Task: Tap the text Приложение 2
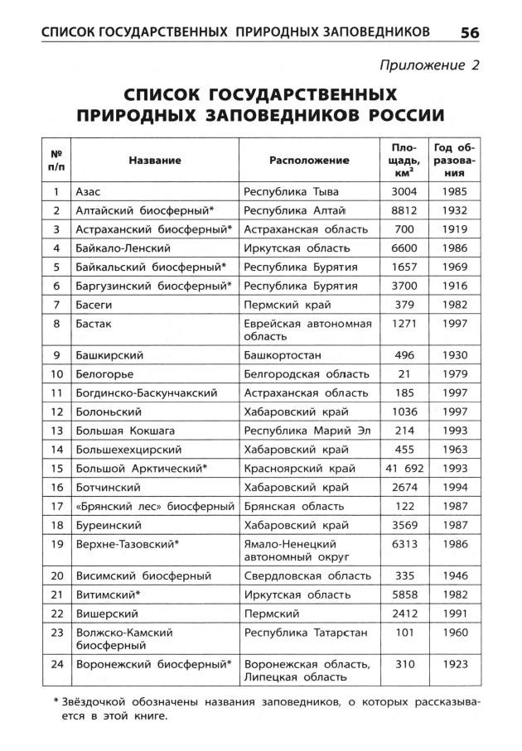tap(429, 64)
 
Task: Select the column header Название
tap(155, 160)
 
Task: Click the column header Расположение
tap(309, 160)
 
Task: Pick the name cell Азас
tap(89, 191)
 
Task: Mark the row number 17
tap(57, 506)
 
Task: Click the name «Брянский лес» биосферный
tap(155, 506)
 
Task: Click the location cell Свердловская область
tap(307, 575)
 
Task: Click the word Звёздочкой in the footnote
tap(93, 702)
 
